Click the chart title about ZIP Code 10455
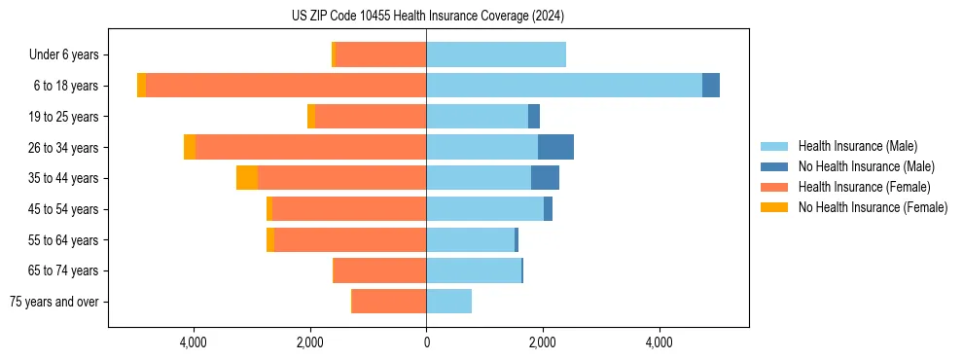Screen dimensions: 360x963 [427, 16]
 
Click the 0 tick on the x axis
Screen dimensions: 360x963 [426, 342]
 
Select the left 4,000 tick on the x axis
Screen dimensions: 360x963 [194, 342]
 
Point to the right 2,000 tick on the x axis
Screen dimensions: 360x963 [543, 342]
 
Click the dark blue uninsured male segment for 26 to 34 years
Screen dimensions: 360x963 [555, 147]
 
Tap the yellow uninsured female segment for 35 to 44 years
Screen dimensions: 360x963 [247, 178]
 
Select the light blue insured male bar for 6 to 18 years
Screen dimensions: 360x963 [564, 86]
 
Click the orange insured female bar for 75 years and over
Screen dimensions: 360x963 [389, 302]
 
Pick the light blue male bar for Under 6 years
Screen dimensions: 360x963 [496, 54]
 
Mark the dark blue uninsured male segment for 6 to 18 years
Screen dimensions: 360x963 [711, 86]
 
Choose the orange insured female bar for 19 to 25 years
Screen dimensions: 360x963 [371, 117]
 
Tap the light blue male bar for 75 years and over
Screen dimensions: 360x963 [448, 302]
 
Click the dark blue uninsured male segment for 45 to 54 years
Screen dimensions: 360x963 [548, 209]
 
